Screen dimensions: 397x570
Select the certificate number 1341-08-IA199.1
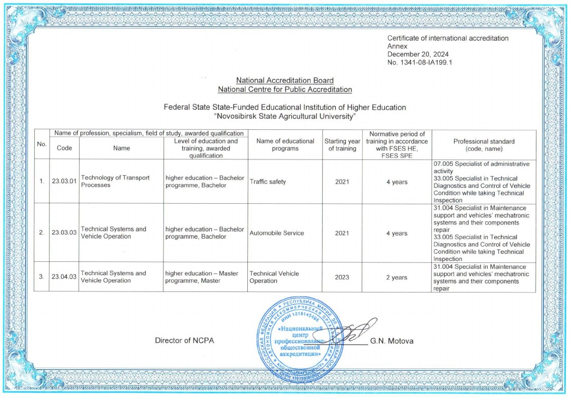pos(420,62)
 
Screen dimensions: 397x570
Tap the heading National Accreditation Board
pos(285,81)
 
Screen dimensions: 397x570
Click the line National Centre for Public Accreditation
pos(285,89)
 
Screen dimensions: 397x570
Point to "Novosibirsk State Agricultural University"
pos(285,116)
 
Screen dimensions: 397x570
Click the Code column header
pos(64,148)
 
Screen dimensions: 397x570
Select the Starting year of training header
pos(342,145)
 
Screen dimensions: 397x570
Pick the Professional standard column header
pos(484,145)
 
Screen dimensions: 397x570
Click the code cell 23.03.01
pos(64,182)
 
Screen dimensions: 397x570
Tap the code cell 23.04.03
pos(64,277)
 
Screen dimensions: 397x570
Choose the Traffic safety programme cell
pos(268,182)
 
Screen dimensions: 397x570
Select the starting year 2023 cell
pos(342,277)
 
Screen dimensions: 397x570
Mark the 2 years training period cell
pos(396,277)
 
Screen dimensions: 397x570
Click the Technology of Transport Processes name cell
pos(115,182)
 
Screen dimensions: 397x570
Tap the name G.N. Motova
pos(392,341)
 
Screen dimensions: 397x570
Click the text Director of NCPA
pos(185,341)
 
